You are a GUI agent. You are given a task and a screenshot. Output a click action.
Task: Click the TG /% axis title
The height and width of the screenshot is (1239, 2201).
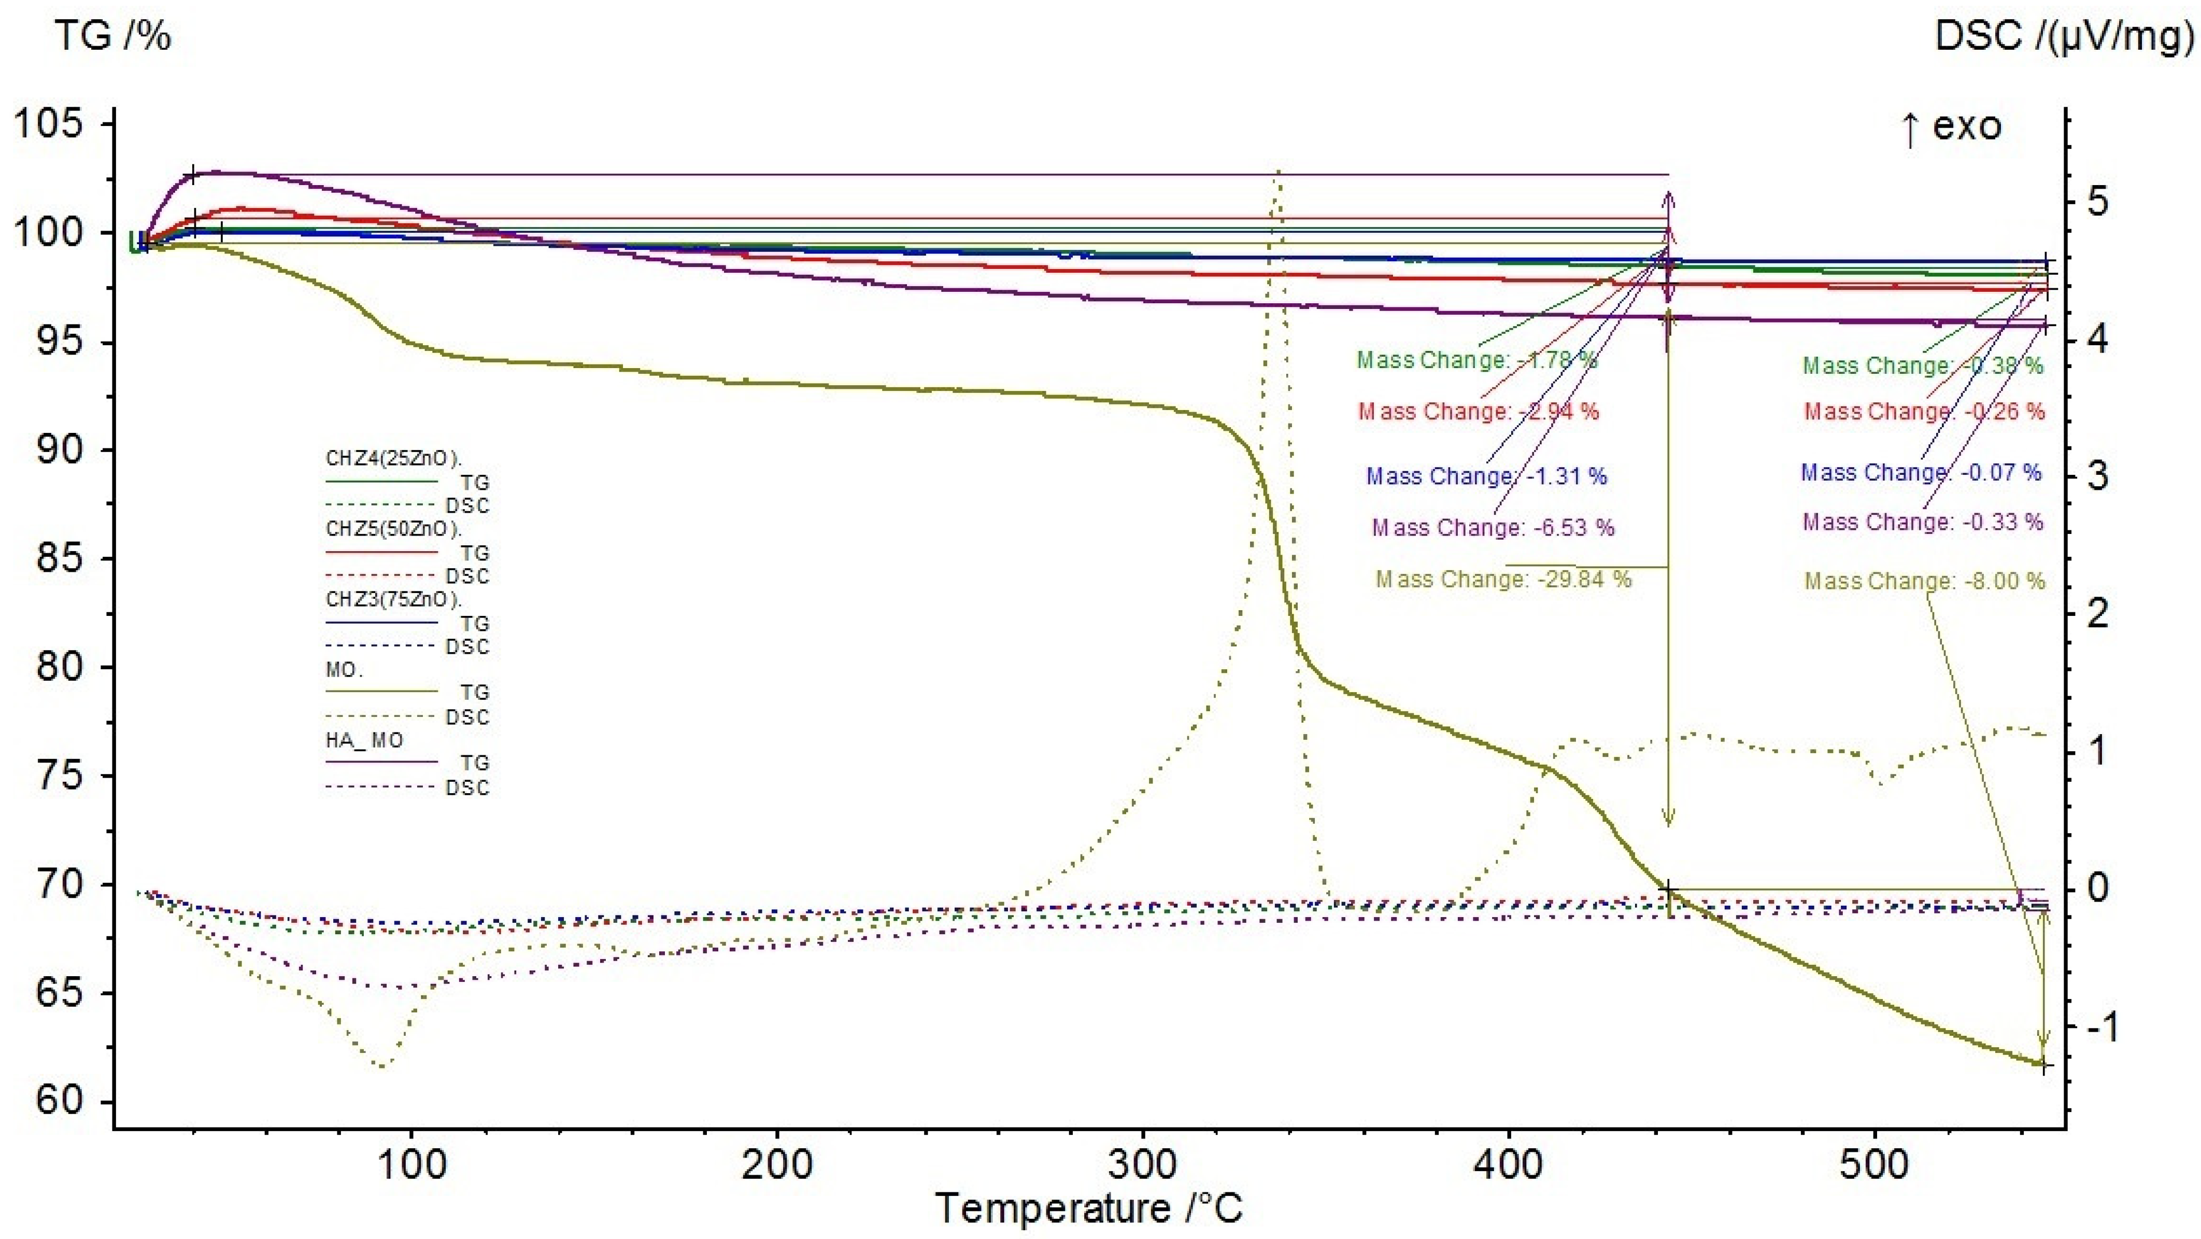(x=113, y=36)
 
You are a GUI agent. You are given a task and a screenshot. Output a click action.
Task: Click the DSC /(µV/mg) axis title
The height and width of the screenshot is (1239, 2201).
(x=2064, y=36)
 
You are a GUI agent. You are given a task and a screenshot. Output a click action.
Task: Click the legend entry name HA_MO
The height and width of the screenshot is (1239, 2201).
(x=365, y=740)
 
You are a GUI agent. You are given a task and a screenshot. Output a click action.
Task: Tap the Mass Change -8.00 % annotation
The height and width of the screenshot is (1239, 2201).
(x=1924, y=581)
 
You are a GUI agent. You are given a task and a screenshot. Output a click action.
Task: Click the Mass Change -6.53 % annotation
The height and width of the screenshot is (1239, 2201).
(x=1493, y=527)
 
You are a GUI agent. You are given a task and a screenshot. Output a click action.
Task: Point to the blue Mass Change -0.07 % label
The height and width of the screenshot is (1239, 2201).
(x=1921, y=472)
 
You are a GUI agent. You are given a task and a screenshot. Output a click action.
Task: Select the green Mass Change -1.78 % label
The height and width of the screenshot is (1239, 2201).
(x=1476, y=360)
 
